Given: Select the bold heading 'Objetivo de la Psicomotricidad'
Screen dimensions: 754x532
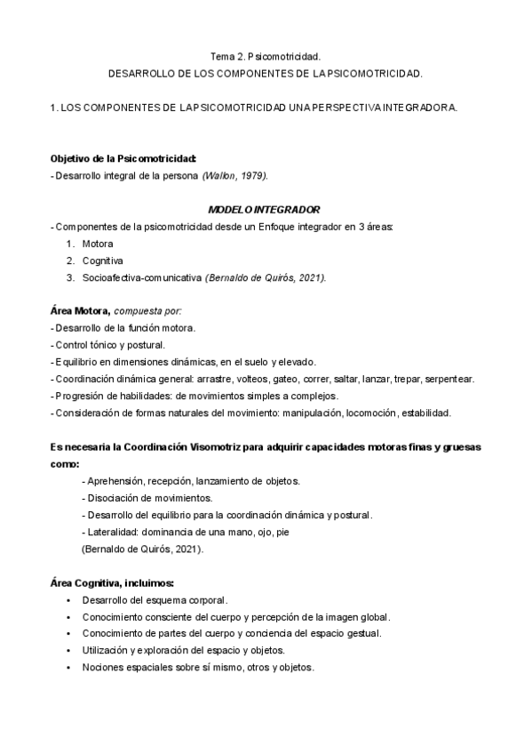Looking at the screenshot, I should click(123, 158).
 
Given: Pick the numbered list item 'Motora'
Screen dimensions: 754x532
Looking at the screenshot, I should click(97, 244).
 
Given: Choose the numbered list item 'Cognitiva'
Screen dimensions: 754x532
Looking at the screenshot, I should click(102, 261).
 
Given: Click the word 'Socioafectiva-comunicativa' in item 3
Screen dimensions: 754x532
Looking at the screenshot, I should click(141, 277).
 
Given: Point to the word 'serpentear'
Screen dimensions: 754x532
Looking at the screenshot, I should click(449, 379).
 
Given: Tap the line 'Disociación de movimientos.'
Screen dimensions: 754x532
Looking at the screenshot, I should click(149, 498).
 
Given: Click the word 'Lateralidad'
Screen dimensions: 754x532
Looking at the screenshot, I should click(114, 532).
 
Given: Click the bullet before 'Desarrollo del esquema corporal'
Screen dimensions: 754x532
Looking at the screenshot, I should click(68, 600).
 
